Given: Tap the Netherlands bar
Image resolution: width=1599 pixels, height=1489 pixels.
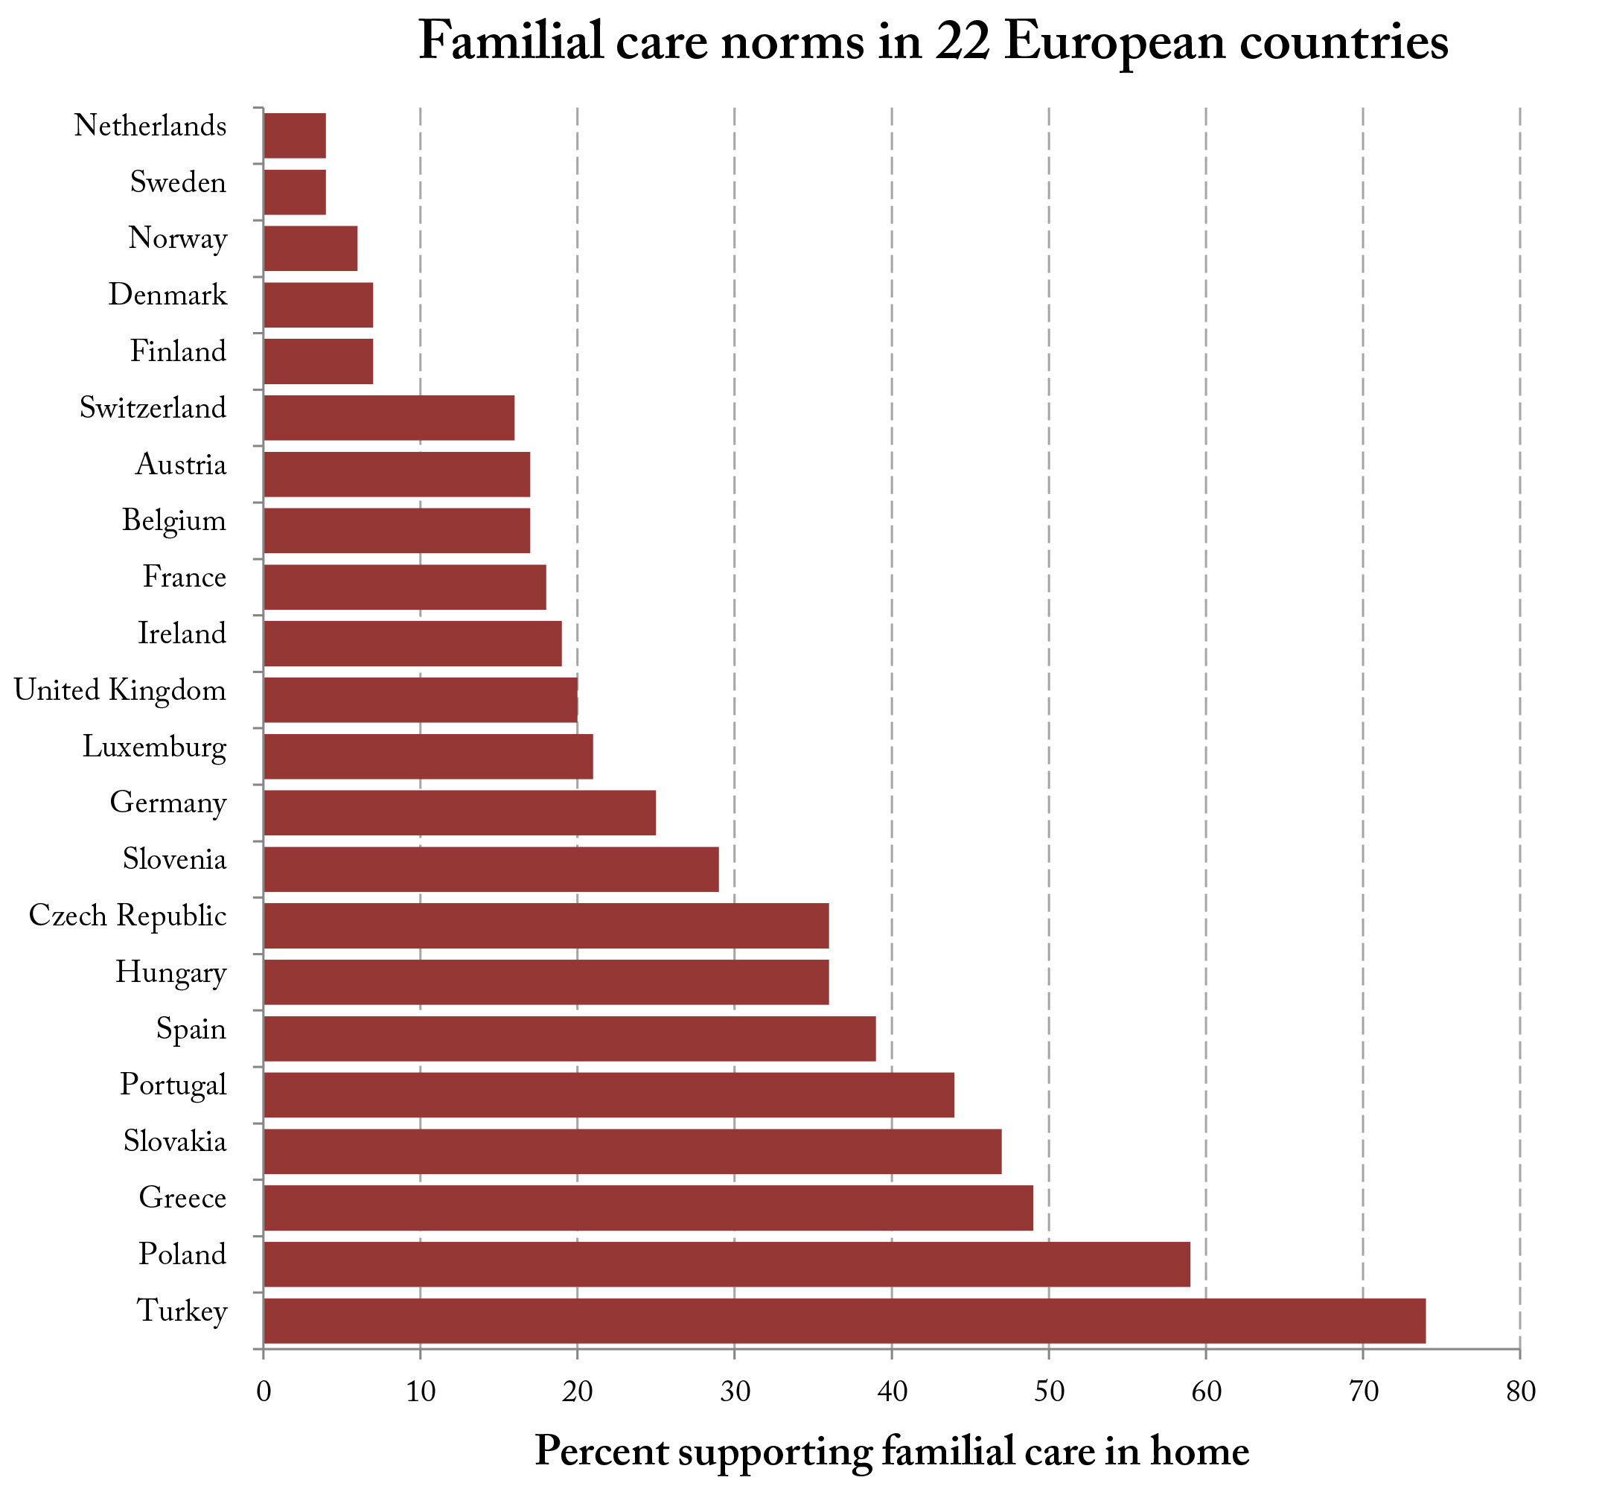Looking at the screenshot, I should [x=294, y=135].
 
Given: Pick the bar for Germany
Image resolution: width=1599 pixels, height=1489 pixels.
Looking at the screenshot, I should [x=459, y=812].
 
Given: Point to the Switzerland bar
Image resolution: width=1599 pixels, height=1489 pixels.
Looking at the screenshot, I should [x=389, y=418].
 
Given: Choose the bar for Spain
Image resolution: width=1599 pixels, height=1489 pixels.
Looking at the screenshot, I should [x=569, y=1038].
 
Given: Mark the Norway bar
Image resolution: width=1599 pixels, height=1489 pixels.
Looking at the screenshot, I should [x=310, y=249].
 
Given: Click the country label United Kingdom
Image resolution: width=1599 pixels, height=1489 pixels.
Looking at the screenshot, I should [x=120, y=691].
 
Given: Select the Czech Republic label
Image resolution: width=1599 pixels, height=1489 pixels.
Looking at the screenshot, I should [x=127, y=916].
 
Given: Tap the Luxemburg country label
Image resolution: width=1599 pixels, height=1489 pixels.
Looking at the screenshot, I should [x=154, y=747].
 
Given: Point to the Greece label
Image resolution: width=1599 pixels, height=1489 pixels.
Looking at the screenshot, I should [x=182, y=1199].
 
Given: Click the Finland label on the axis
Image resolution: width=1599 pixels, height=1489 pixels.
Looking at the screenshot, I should [x=178, y=352].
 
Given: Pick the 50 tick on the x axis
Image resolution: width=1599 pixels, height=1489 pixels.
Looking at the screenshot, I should [x=1048, y=1391].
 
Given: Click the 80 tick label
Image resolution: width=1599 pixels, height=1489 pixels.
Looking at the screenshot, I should [x=1519, y=1391].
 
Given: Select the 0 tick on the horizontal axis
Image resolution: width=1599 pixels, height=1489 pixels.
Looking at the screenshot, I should [x=263, y=1391].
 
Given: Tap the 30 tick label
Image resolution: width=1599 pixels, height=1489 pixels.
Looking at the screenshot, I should [x=734, y=1391].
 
